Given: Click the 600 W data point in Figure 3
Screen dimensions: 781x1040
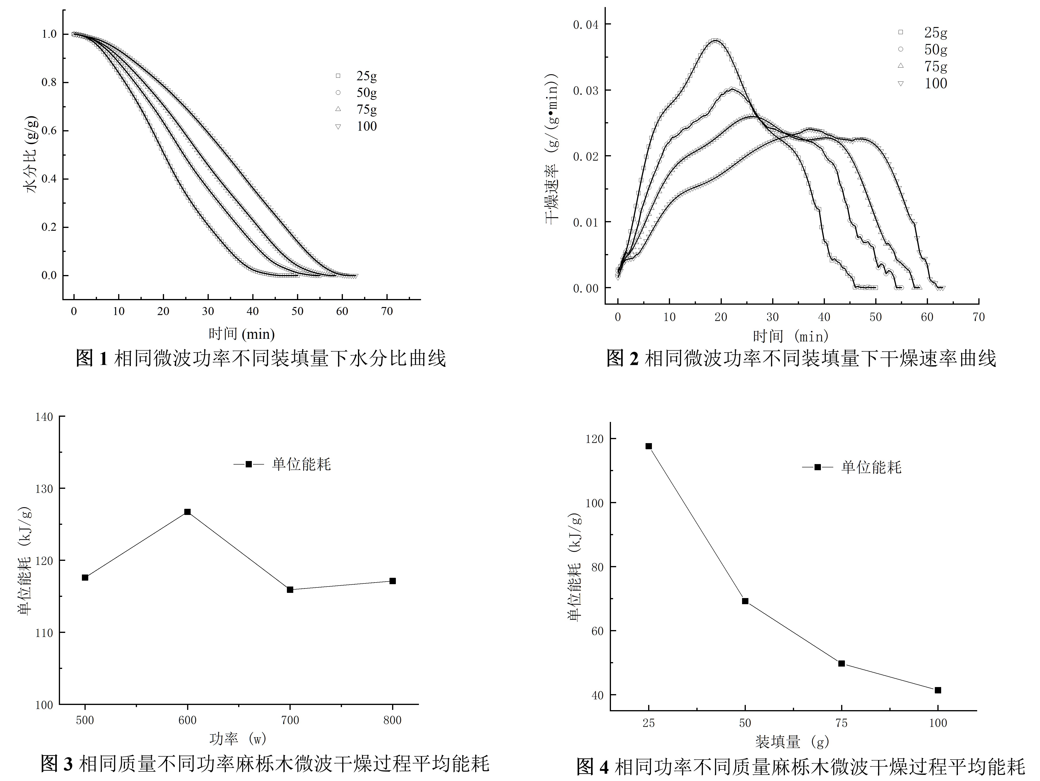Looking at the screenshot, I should pos(187,512).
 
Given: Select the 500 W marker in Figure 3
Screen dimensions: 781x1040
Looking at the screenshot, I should pos(85,577).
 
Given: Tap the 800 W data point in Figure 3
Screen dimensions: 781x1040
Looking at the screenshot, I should pos(393,581).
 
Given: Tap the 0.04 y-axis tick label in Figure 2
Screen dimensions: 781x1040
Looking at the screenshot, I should pos(585,24).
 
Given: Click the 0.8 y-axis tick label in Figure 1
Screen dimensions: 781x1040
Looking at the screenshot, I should pos(49,82).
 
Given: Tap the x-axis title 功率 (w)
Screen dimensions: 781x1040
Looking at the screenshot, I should pos(238,739).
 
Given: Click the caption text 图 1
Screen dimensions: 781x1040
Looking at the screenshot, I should pos(92,359).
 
